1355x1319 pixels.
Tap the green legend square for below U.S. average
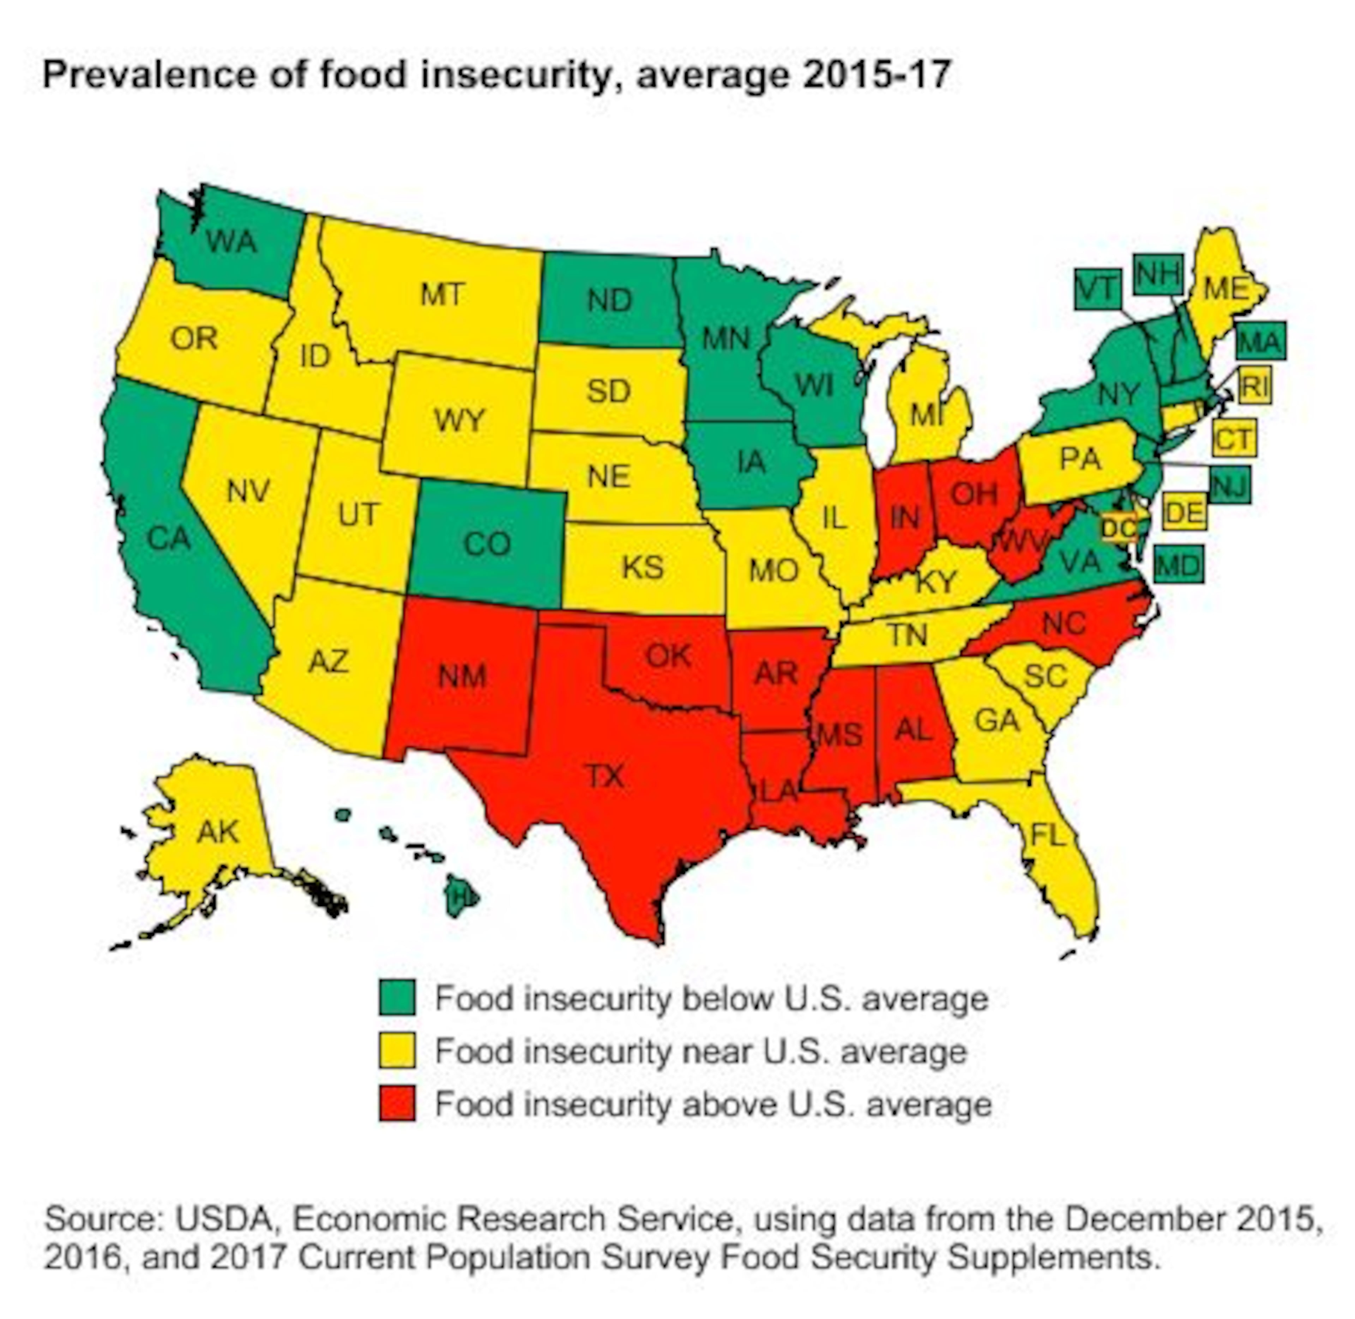[397, 998]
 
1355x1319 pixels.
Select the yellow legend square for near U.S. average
[397, 1051]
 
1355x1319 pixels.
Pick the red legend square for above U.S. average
[397, 1104]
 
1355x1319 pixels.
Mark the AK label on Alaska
[218, 831]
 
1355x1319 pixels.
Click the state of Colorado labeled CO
[487, 544]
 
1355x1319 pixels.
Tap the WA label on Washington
[231, 242]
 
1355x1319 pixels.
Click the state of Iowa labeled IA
[751, 461]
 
